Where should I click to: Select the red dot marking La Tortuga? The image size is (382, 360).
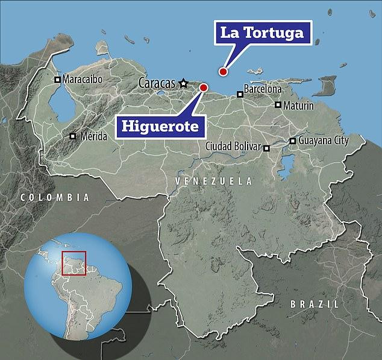tap(223, 72)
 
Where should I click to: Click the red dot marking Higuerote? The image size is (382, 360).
tap(203, 87)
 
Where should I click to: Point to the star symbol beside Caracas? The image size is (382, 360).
tap(183, 83)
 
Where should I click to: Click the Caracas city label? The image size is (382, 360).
tap(158, 83)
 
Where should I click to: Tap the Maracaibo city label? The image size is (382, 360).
tap(83, 79)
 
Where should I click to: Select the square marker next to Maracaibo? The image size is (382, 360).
tap(58, 79)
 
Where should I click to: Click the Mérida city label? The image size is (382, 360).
tap(93, 136)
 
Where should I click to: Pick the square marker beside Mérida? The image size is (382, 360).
tap(73, 136)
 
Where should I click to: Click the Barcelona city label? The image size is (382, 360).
tap(263, 89)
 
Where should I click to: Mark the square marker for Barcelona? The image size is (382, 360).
tap(240, 93)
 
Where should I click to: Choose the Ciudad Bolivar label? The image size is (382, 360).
tap(233, 147)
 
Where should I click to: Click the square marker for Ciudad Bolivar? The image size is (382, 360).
tap(266, 147)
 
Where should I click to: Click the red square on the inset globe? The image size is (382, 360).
tap(74, 263)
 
